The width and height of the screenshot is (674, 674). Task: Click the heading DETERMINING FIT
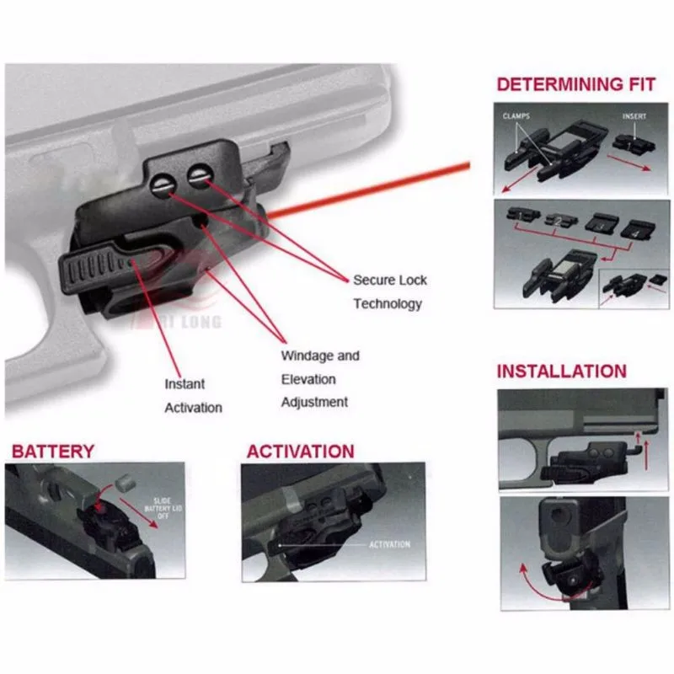click(575, 84)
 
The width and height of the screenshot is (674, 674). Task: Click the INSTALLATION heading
click(561, 372)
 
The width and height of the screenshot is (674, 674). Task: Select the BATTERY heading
click(52, 452)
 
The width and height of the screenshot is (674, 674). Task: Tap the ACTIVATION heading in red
click(300, 452)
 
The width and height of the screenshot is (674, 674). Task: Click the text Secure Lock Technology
click(389, 292)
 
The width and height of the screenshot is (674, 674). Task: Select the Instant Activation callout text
click(193, 395)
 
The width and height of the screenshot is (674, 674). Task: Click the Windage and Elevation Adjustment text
click(319, 379)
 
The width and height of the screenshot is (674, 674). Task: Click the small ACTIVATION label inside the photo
click(389, 545)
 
